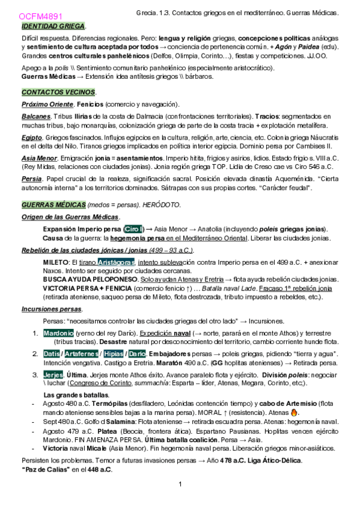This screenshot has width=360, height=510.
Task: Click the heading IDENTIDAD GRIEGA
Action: (x=53, y=27)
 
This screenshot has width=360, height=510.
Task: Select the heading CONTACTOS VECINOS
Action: (x=58, y=92)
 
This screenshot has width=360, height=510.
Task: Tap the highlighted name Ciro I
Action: (x=133, y=229)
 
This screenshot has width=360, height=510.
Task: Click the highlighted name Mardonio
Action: (x=58, y=333)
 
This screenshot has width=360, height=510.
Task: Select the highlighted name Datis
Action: (x=52, y=354)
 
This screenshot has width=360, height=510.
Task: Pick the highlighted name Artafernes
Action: (x=82, y=354)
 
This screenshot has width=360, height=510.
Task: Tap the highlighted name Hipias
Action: (x=114, y=354)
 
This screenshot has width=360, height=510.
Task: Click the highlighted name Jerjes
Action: (x=53, y=374)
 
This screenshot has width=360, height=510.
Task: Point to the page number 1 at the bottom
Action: (x=180, y=485)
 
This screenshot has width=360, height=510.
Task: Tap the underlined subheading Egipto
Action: (x=32, y=137)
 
